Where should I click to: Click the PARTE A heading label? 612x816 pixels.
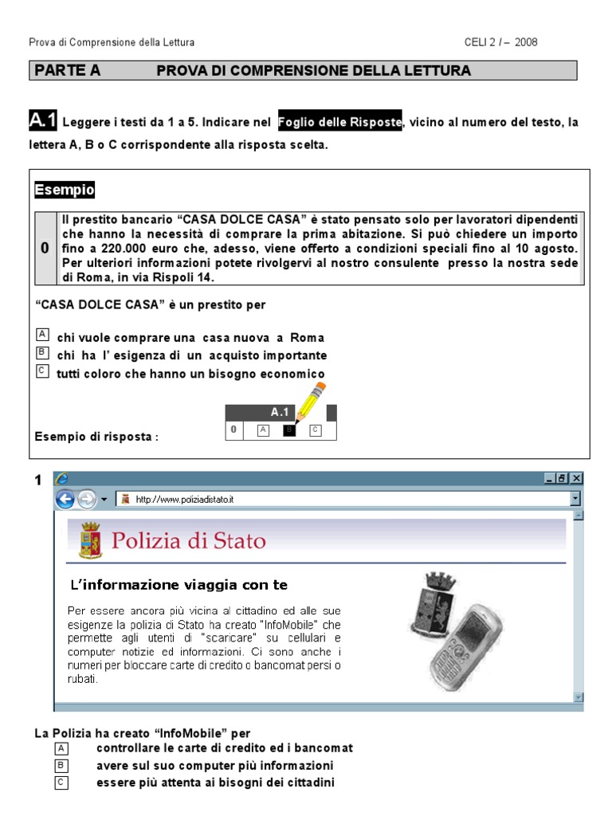(x=68, y=71)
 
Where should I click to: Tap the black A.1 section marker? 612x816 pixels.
(x=42, y=121)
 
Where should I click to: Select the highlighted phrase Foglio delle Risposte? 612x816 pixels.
(x=339, y=122)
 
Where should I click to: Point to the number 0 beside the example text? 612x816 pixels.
(x=45, y=249)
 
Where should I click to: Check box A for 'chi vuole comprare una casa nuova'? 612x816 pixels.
(x=42, y=335)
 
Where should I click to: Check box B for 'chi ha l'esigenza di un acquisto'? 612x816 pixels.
(x=42, y=353)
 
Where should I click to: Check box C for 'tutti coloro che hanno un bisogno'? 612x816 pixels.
(x=42, y=371)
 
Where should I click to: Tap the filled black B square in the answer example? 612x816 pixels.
(x=289, y=430)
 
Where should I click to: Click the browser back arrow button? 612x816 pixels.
(x=65, y=499)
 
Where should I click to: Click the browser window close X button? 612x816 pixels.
(x=576, y=478)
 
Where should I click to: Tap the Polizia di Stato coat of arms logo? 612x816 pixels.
(x=89, y=541)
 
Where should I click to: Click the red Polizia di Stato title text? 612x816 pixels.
(x=189, y=541)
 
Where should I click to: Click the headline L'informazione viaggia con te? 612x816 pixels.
(x=179, y=585)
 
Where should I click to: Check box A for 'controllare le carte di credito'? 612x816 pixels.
(x=62, y=748)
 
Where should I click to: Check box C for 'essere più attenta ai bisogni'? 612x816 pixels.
(x=62, y=783)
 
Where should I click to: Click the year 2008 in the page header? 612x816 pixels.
(x=527, y=42)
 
